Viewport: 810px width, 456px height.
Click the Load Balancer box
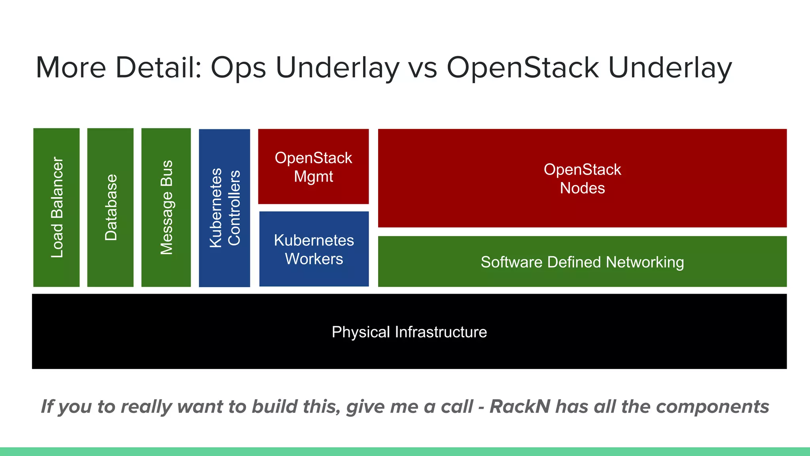pos(57,207)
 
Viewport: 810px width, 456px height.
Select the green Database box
pos(110,207)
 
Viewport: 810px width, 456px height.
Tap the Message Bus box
pos(166,207)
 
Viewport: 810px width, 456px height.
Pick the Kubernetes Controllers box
pos(224,208)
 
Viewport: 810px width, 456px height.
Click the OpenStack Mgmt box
pos(313,167)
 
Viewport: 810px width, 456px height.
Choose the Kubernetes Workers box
pos(314,249)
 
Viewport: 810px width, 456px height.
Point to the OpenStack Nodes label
pos(582,179)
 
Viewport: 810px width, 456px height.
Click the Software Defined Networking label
pos(582,262)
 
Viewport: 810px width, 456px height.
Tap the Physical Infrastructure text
pos(409,332)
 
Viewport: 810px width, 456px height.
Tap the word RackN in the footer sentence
pos(520,407)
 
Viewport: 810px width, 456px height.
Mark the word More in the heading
pos(71,67)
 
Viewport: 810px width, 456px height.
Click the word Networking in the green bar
pos(645,262)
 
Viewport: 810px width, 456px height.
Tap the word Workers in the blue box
pos(314,259)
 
